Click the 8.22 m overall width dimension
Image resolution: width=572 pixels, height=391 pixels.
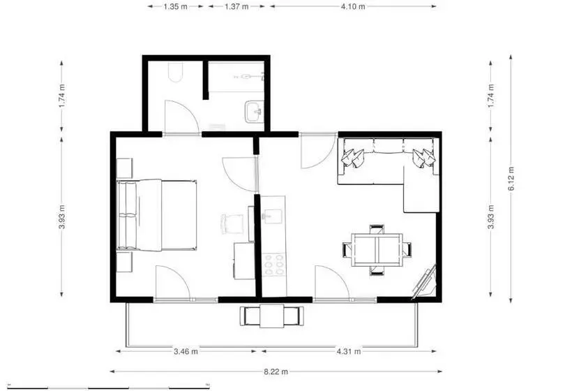[x=276, y=371]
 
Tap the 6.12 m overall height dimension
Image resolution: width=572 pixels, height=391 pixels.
[x=511, y=179]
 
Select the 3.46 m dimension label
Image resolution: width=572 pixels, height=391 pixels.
[x=186, y=352]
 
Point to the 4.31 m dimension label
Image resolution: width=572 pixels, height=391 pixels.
[x=349, y=352]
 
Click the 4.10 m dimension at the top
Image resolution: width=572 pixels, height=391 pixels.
[x=353, y=6]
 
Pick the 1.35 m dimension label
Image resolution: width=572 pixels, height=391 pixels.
[x=176, y=6]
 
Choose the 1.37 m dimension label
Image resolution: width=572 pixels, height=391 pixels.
[x=236, y=6]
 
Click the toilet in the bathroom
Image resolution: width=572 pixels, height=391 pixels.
[x=176, y=72]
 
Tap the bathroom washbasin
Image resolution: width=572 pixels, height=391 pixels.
[x=255, y=112]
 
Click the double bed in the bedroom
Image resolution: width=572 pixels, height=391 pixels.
[x=157, y=215]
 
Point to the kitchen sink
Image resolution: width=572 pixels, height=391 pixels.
[x=273, y=216]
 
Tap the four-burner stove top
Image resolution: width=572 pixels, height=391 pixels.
[x=274, y=265]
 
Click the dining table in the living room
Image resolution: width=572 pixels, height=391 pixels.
[x=377, y=250]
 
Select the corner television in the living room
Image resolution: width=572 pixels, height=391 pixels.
[x=425, y=282]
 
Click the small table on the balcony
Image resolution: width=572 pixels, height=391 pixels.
[x=272, y=316]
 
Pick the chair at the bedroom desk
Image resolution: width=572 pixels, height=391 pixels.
[x=232, y=223]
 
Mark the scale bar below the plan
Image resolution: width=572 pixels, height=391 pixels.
[x=109, y=387]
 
